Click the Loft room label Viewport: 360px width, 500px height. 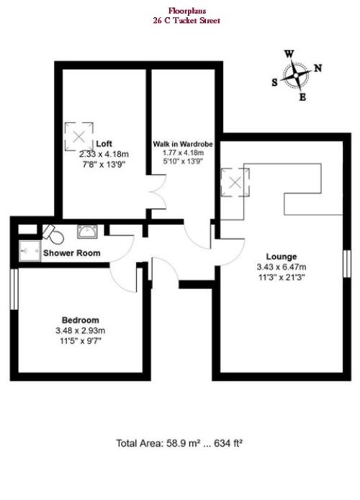104,143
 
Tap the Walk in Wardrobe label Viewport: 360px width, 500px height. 183,144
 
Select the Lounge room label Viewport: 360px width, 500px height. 282,256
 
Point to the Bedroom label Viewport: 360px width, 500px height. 81,320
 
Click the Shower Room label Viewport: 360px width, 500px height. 72,253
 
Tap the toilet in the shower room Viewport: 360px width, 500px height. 53,233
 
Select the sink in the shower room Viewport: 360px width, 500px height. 87,231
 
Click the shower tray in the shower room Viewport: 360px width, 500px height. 30,251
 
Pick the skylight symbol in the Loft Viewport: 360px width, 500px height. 79,136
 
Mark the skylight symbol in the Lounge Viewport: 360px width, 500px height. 235,182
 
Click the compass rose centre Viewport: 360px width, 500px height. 296,76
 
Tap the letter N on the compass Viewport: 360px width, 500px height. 318,68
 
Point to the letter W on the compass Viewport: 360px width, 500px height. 289,54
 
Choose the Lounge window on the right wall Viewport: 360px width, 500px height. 347,264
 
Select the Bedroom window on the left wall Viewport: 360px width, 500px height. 14,289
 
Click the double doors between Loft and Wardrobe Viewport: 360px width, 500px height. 158,192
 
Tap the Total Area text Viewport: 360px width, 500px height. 179,443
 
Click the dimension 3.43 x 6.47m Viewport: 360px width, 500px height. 282,267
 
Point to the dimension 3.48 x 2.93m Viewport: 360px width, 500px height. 81,331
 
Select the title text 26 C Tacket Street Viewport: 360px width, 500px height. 186,21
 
